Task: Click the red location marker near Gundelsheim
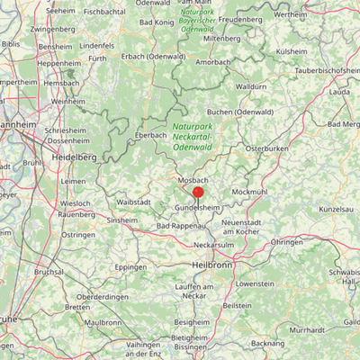pos(198,192)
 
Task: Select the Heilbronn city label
pos(212,265)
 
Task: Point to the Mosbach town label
pos(193,180)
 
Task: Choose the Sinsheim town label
pos(122,220)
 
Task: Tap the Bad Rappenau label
pos(181,225)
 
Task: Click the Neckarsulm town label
pos(214,244)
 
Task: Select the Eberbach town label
pos(150,135)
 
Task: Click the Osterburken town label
pos(265,147)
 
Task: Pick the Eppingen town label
pos(130,267)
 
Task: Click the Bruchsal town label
pos(49,271)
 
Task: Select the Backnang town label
pos(268,343)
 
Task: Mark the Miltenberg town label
pos(222,40)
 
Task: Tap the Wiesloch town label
pos(75,204)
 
